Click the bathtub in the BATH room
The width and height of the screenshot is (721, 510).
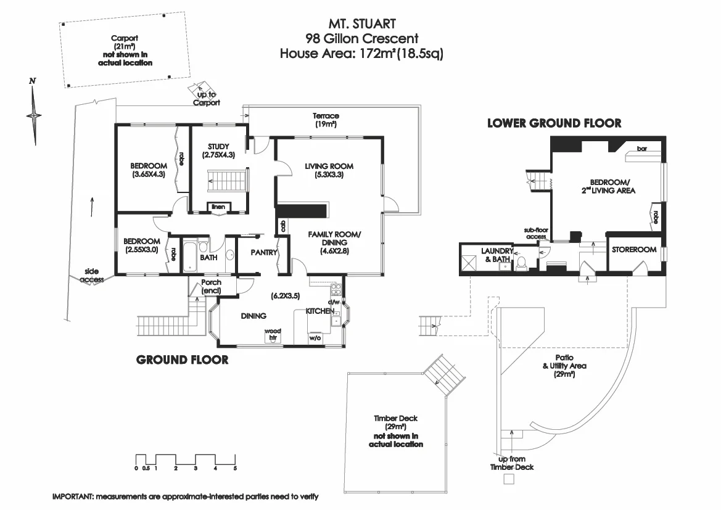190,255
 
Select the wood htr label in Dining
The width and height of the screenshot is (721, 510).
272,334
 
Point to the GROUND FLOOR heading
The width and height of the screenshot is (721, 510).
182,360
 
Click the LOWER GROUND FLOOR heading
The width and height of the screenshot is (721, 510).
554,123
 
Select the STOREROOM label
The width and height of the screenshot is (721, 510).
633,251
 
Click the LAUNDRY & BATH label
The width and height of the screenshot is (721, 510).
496,255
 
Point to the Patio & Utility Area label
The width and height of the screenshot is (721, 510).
564,366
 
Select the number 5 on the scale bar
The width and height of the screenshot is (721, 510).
235,468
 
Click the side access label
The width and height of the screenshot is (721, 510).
92,276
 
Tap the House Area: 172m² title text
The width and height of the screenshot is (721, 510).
361,54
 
